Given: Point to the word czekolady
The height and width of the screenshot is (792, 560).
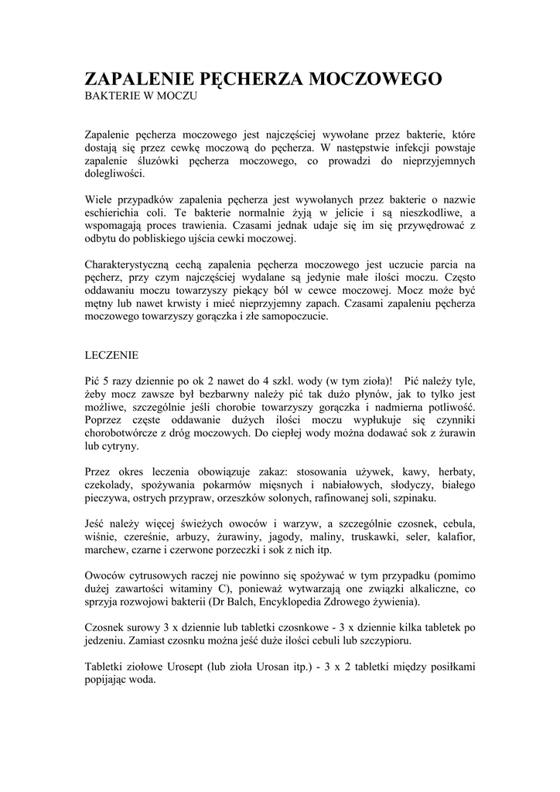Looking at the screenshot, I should (x=107, y=485).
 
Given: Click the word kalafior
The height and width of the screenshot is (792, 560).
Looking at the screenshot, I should (x=454, y=537).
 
